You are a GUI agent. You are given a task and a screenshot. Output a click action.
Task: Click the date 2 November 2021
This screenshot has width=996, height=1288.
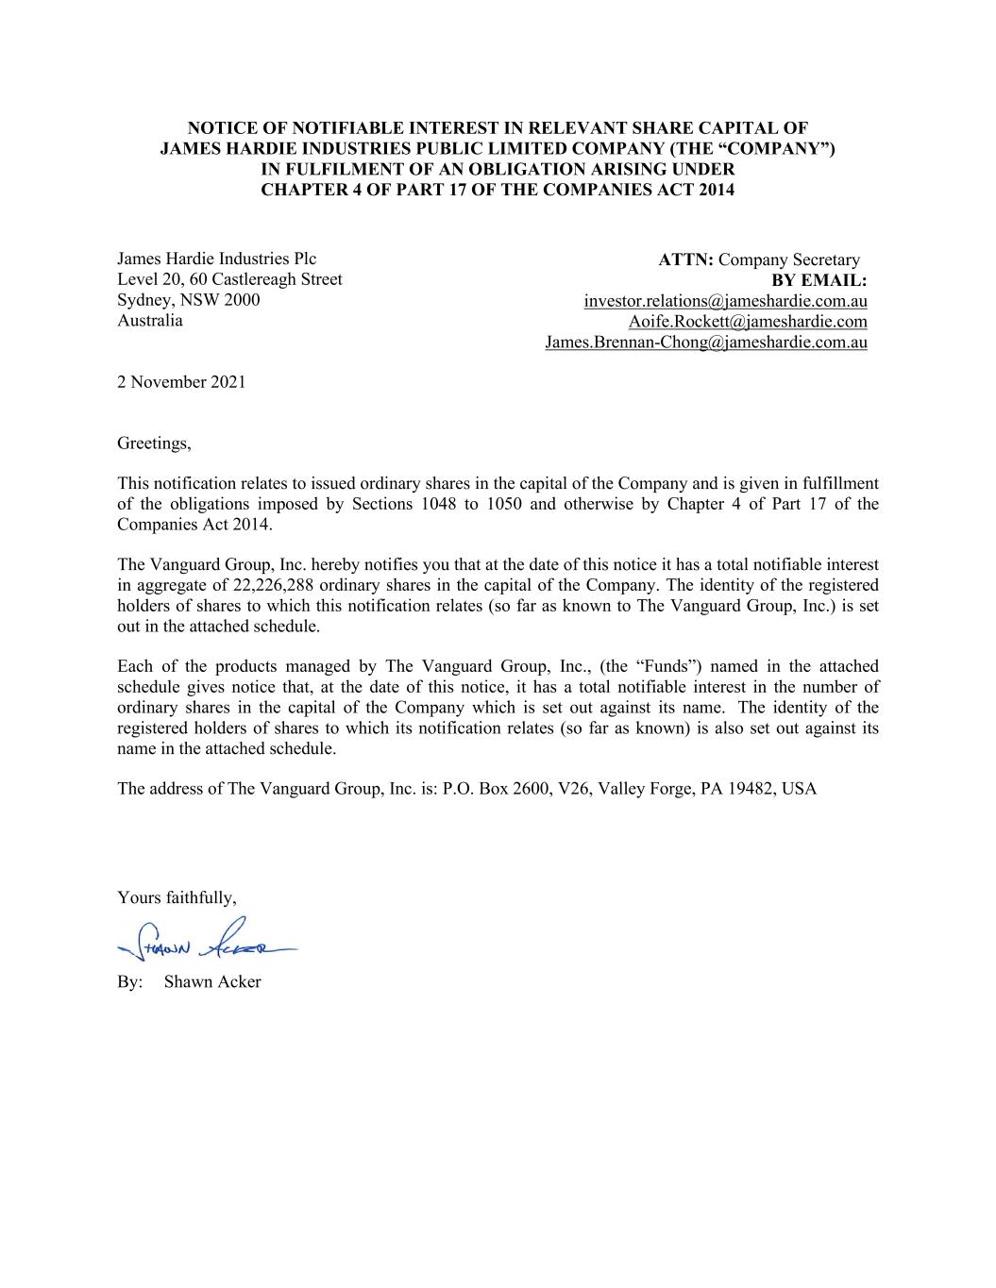pos(181,382)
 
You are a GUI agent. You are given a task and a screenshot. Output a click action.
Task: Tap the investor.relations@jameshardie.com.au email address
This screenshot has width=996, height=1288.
pos(725,301)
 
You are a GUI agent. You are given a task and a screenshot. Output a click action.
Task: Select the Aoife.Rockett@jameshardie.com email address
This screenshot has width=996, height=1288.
pos(748,322)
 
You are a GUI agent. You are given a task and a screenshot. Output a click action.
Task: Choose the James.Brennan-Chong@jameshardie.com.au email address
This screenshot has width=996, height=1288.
pos(705,343)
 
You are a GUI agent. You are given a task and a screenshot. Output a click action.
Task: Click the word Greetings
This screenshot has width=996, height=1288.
pos(154,443)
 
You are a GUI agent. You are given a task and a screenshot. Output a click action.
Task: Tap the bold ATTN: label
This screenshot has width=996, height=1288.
pos(686,260)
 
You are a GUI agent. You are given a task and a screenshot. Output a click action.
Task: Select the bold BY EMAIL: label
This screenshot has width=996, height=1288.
pos(819,281)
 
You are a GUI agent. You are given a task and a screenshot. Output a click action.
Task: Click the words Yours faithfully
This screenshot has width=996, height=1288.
pos(177,897)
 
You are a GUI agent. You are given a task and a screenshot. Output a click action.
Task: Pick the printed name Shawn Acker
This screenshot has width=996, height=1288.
pos(212,981)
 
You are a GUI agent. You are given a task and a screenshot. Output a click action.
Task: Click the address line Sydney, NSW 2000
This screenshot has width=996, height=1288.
pos(189,300)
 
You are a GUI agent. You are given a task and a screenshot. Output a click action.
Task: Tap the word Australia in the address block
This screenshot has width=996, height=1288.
pos(150,321)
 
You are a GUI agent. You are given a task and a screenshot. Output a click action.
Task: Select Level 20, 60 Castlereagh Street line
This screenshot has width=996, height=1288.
pos(229,279)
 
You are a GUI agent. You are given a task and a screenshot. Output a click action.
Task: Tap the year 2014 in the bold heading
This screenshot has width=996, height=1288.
pos(716,190)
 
